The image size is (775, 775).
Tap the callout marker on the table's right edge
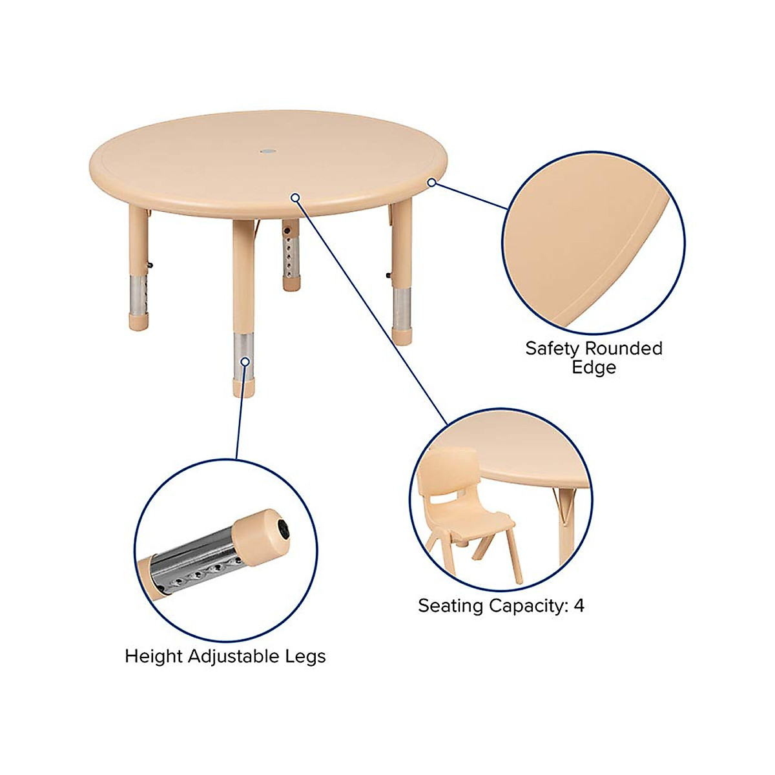coord(431,183)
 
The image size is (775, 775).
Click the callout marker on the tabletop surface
coord(295,197)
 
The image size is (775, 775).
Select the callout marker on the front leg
coord(245,362)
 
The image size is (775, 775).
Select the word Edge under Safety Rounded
coord(594,367)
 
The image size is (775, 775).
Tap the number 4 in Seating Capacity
coord(579,606)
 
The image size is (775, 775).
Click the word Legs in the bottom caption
coord(305,657)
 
